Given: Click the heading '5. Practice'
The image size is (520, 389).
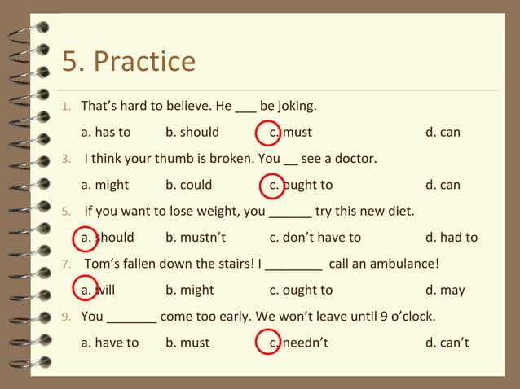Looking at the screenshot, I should pyautogui.click(x=129, y=62).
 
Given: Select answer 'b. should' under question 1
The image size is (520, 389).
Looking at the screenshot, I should pyautogui.click(x=192, y=132).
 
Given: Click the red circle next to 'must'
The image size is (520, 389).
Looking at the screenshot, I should pyautogui.click(x=268, y=132).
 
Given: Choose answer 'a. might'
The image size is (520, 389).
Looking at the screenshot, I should pyautogui.click(x=105, y=185).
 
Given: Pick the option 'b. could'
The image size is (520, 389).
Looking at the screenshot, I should pyautogui.click(x=188, y=185).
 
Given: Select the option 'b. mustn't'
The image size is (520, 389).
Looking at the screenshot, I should pyautogui.click(x=195, y=238).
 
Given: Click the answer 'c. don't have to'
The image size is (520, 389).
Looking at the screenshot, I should pyautogui.click(x=315, y=238).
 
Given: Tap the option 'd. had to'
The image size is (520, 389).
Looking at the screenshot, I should pyautogui.click(x=452, y=238).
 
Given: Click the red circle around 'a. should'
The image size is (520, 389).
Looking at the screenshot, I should pyautogui.click(x=85, y=238).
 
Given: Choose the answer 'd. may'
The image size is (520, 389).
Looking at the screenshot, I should pyautogui.click(x=445, y=290).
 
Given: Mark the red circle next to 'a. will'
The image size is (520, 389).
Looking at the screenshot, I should pyautogui.click(x=85, y=290).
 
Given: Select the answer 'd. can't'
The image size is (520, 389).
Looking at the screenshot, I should pyautogui.click(x=447, y=343).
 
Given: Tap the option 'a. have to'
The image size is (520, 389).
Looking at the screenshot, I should pyautogui.click(x=110, y=343).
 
